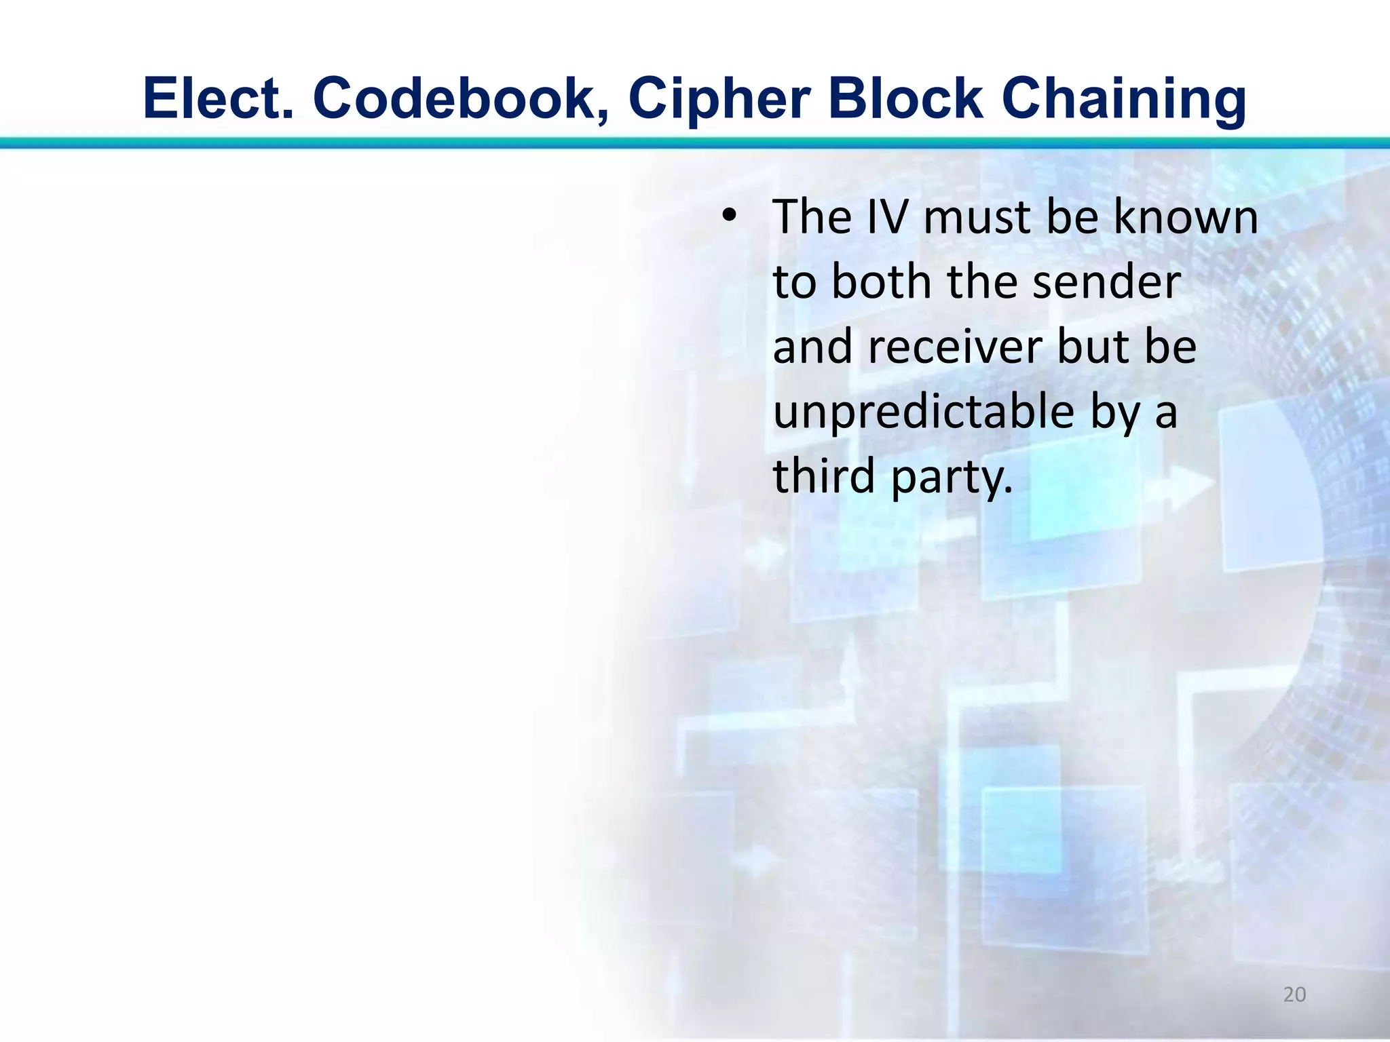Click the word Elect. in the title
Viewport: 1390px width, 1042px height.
coord(219,98)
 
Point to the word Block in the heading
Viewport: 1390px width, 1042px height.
coord(905,98)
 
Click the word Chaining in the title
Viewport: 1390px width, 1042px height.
coord(1123,100)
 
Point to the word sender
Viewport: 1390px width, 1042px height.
coord(1107,282)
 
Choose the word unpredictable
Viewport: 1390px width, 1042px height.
coord(924,412)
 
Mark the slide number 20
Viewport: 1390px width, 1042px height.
coord(1294,995)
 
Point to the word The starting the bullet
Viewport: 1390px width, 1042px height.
coord(812,217)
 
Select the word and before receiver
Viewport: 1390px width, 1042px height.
coord(813,347)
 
